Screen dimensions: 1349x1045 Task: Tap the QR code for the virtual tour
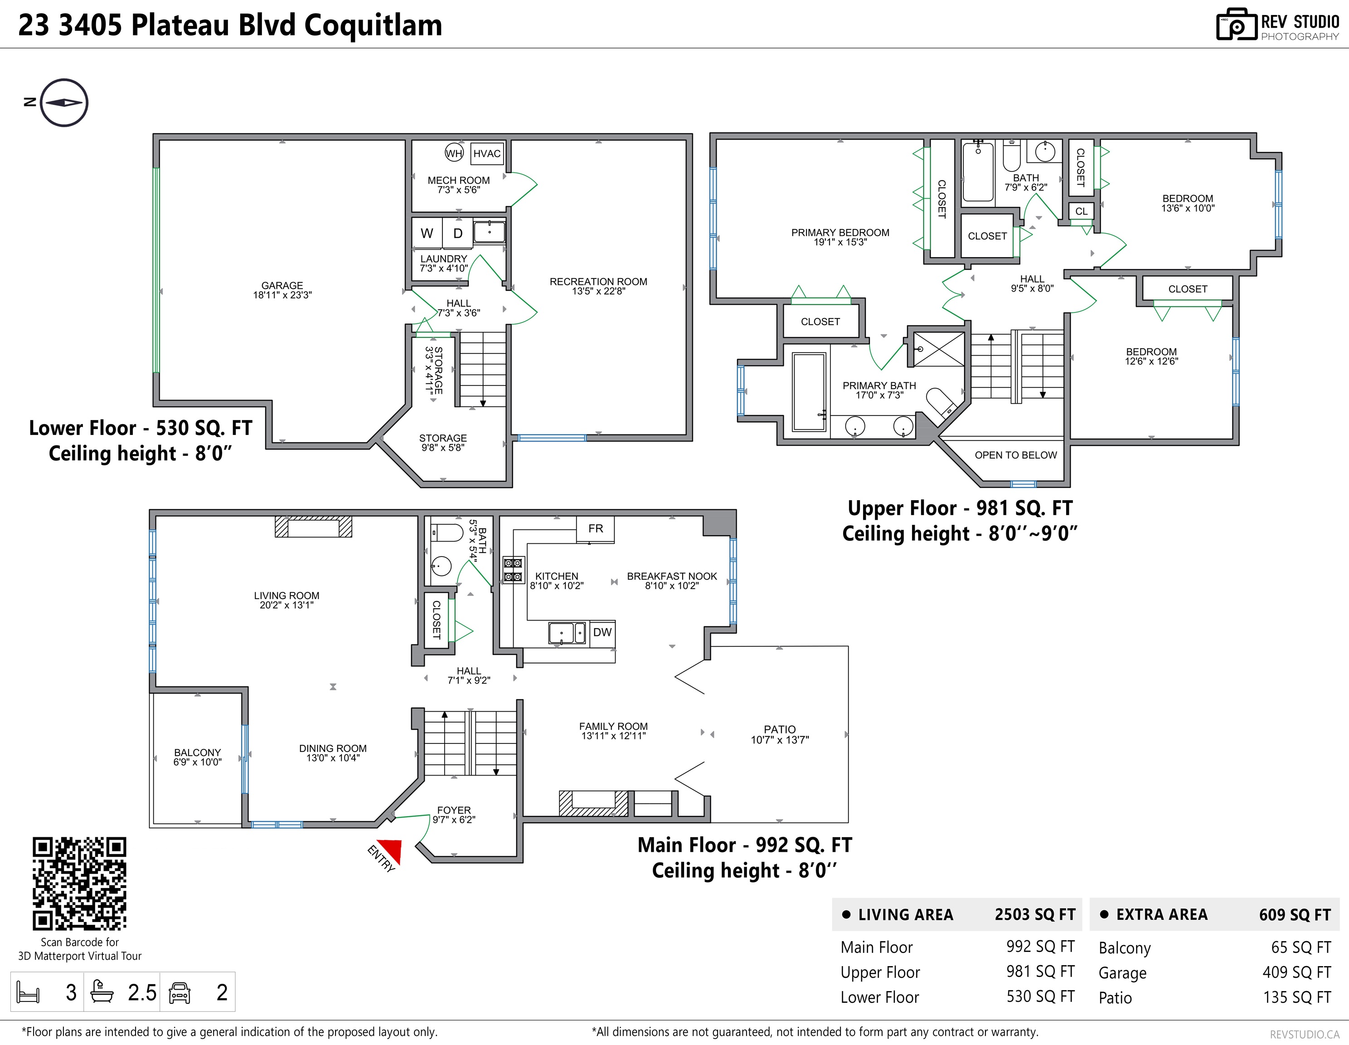pyautogui.click(x=80, y=884)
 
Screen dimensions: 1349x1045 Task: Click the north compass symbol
pyautogui.click(x=63, y=103)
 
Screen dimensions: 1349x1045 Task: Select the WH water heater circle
pyautogui.click(x=454, y=153)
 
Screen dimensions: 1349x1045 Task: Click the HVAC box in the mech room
pyautogui.click(x=487, y=153)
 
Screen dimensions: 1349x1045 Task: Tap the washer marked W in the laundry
pyautogui.click(x=427, y=233)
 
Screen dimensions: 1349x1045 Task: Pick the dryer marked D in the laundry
pyautogui.click(x=458, y=233)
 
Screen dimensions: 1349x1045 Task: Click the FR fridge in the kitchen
pyautogui.click(x=596, y=529)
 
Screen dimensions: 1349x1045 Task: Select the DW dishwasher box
pyautogui.click(x=602, y=632)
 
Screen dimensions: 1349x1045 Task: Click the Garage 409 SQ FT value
pyautogui.click(x=1296, y=972)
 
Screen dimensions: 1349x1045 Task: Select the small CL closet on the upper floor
pyautogui.click(x=1081, y=211)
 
